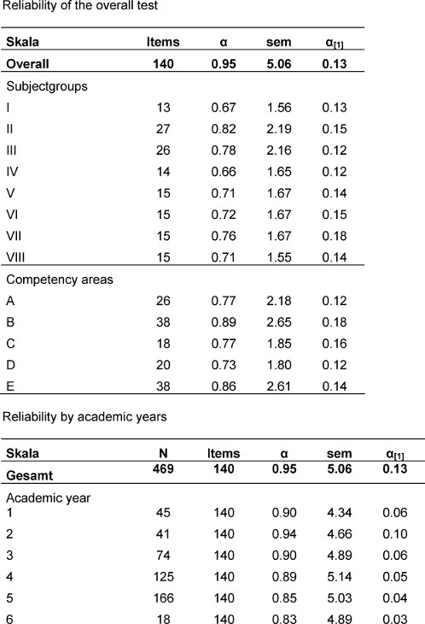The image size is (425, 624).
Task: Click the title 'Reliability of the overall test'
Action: (x=80, y=6)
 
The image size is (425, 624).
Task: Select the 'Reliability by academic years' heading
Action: (x=84, y=416)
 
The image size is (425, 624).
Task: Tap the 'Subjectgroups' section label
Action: (x=47, y=86)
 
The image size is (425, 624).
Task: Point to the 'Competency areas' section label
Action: (x=60, y=280)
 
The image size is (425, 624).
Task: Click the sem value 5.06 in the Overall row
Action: (x=279, y=63)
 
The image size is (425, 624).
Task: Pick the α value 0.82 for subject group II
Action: (x=224, y=129)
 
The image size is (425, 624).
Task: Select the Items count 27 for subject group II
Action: (x=163, y=129)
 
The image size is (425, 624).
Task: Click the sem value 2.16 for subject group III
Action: (x=279, y=150)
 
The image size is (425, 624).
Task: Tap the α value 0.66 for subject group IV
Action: (x=224, y=172)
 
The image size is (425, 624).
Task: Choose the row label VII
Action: (x=14, y=236)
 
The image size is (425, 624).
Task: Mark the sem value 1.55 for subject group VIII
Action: (x=279, y=257)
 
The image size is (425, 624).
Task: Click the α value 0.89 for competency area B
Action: (x=224, y=322)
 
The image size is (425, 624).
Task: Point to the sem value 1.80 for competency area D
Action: (x=279, y=365)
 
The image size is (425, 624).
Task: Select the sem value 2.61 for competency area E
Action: (x=279, y=386)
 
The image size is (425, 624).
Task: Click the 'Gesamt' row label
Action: (x=29, y=475)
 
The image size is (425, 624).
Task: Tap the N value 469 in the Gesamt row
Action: (x=163, y=468)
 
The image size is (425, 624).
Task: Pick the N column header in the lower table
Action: (x=163, y=453)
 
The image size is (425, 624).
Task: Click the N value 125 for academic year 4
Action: (x=163, y=577)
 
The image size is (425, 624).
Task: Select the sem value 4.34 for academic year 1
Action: (x=339, y=513)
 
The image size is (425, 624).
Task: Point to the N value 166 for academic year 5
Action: (x=163, y=598)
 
